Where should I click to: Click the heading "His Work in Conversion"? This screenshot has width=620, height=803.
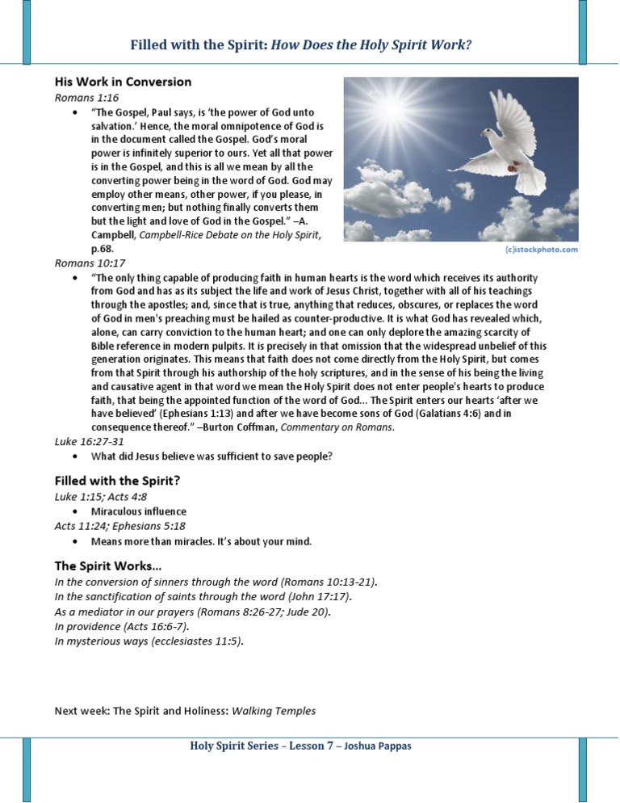pyautogui.click(x=123, y=82)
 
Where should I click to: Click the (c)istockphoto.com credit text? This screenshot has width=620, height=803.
pyautogui.click(x=542, y=250)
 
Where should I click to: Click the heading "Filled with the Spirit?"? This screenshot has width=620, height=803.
pyautogui.click(x=117, y=480)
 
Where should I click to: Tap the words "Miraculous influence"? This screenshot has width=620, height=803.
pyautogui.click(x=138, y=511)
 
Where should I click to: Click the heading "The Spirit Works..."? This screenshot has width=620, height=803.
pyautogui.click(x=107, y=565)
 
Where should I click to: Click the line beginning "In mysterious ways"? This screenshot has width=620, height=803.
pyautogui.click(x=149, y=641)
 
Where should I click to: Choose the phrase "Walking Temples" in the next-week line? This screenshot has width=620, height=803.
pyautogui.click(x=274, y=711)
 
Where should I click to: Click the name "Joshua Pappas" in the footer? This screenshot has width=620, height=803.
pyautogui.click(x=379, y=746)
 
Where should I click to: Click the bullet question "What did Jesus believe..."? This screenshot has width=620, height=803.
pyautogui.click(x=212, y=456)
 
